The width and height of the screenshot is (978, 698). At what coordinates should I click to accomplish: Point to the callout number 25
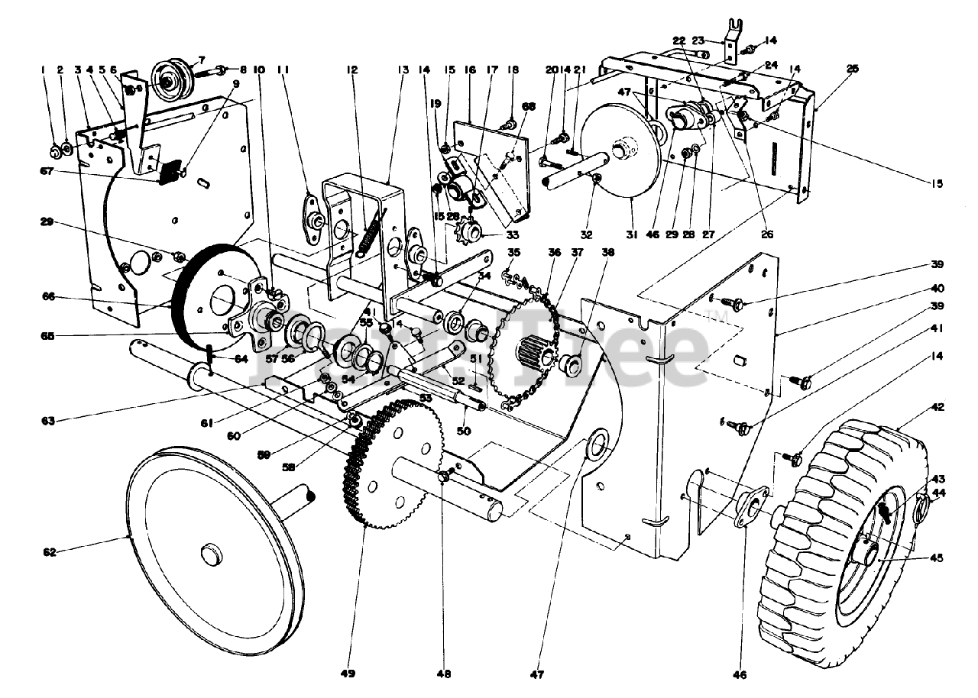(852, 68)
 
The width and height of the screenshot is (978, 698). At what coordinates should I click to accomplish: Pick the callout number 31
(630, 235)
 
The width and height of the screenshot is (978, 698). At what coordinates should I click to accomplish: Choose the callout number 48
(444, 673)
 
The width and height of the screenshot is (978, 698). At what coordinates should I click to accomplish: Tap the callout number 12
(352, 69)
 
